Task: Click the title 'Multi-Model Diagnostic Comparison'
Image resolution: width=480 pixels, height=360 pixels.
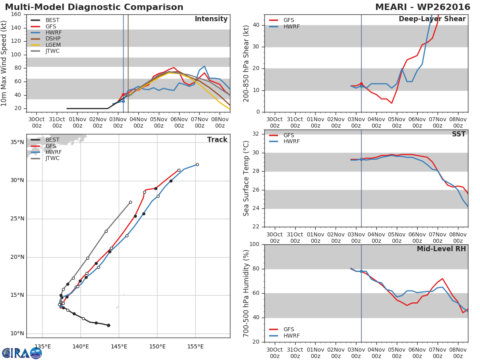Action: coord(94,7)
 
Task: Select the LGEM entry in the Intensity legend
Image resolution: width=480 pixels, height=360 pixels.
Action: coord(53,45)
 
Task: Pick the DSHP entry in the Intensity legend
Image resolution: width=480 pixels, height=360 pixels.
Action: coord(53,38)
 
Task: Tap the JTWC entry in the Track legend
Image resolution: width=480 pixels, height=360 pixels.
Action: coord(52,158)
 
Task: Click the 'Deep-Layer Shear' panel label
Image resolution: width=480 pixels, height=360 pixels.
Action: coord(432,19)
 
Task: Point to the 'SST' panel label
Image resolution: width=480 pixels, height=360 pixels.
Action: coord(458,134)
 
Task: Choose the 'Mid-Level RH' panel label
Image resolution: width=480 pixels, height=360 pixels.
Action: coord(441,249)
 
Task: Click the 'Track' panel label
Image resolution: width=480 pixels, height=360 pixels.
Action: coord(217,140)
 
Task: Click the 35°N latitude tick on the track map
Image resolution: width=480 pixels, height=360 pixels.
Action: coord(17,142)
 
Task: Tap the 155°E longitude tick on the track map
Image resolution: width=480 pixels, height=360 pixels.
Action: coord(196,346)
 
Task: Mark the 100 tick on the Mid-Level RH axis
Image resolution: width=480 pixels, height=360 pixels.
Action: coord(254,244)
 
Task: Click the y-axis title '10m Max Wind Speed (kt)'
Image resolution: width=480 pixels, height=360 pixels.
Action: coord(4,63)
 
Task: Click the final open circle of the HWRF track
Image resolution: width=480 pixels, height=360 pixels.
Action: coord(197,164)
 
